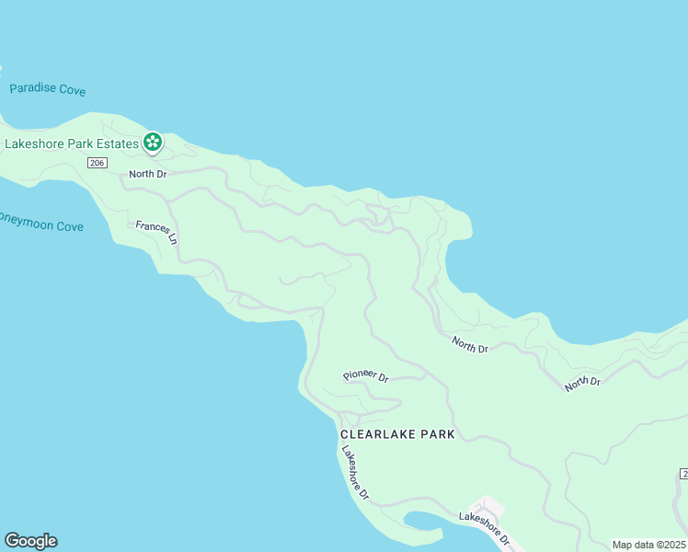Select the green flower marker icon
pos(153,143)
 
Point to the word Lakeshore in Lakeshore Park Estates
pos(35,144)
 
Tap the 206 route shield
pos(98,163)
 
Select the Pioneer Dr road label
pos(366,376)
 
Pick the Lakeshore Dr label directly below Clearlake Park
pos(354,472)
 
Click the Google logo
pos(30,541)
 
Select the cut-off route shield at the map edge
pos(683,473)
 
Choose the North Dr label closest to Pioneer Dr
pos(469,346)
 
